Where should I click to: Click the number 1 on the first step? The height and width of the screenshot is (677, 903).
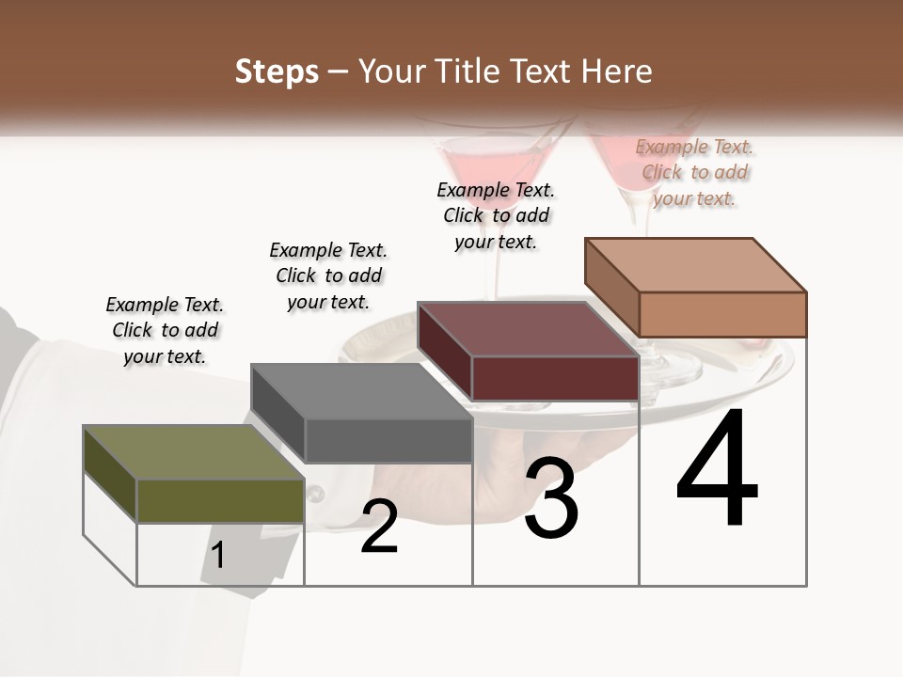pyautogui.click(x=218, y=555)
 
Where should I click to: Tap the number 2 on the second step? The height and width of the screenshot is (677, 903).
pyautogui.click(x=379, y=527)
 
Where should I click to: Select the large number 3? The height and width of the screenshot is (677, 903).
pyautogui.click(x=551, y=498)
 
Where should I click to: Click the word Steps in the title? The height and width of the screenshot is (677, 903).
pyautogui.click(x=277, y=71)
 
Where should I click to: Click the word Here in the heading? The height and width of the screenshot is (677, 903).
pyautogui.click(x=616, y=71)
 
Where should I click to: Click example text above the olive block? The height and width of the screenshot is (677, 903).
pyautogui.click(x=165, y=330)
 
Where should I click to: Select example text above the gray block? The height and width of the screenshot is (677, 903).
pyautogui.click(x=328, y=276)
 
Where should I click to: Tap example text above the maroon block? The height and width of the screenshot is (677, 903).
pyautogui.click(x=496, y=215)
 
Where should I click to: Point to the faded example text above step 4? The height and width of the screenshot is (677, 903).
pyautogui.click(x=694, y=172)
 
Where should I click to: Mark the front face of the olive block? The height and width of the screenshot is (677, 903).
pyautogui.click(x=220, y=500)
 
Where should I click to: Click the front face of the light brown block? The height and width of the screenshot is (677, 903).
pyautogui.click(x=722, y=314)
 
